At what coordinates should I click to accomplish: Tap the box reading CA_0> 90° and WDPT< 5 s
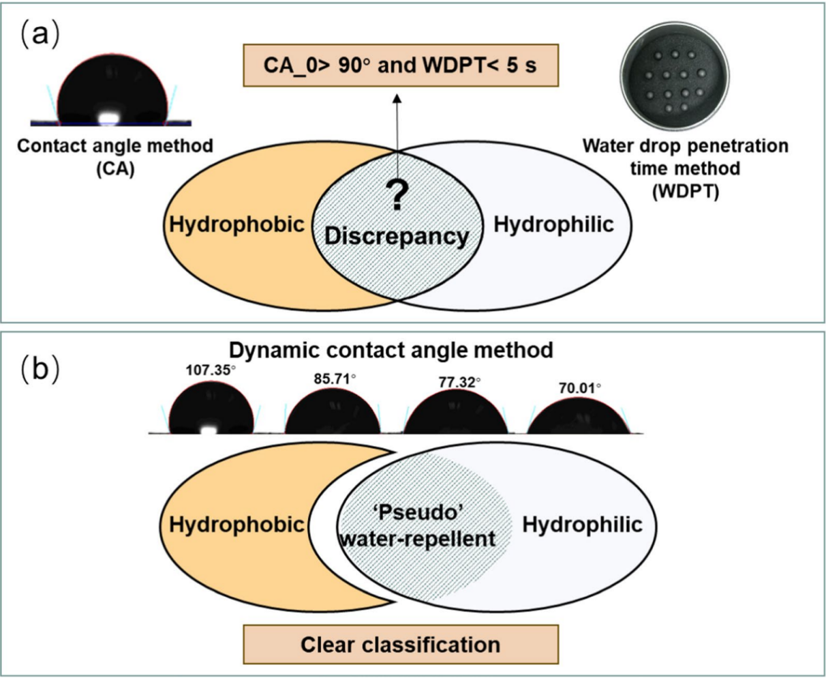pos(401,65)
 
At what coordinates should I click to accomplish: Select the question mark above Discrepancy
pos(398,195)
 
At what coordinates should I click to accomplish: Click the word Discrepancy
pos(397,236)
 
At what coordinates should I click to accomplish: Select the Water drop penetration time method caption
pos(685,168)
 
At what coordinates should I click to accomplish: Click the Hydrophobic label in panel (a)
pos(236,224)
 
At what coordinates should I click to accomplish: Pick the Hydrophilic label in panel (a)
pos(553,224)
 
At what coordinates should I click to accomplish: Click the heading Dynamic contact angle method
pos(391,351)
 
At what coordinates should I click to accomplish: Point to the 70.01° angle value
pos(579,389)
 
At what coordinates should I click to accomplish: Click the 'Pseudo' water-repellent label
pos(418,526)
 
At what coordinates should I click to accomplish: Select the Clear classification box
pos(401,644)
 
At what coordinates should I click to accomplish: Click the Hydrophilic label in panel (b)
pos(582,525)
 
